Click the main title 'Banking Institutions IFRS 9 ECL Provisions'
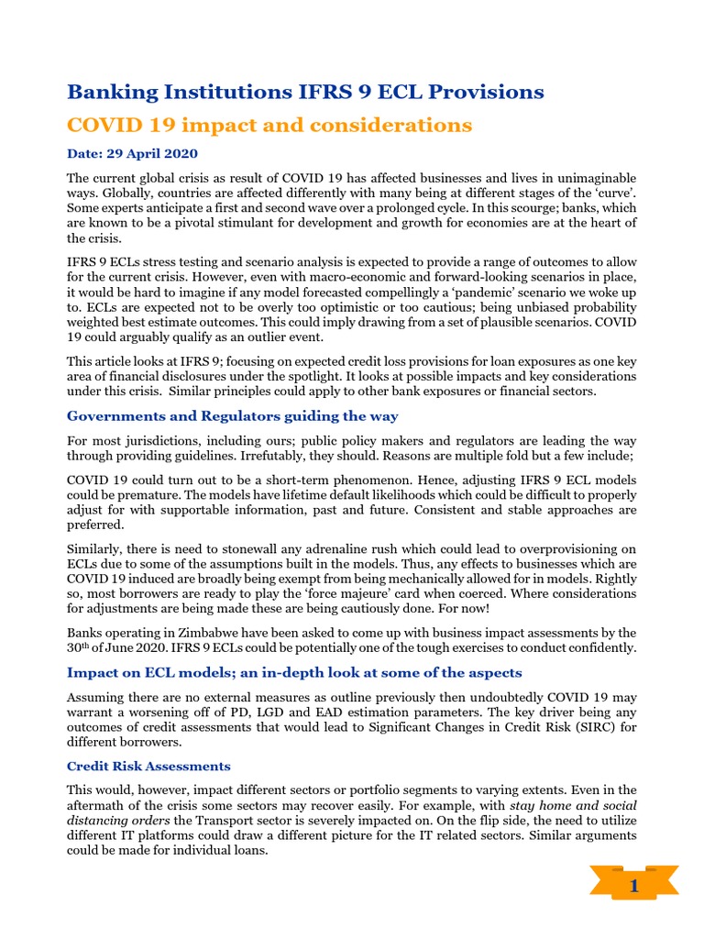[x=305, y=92]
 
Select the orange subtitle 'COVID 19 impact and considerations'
[x=270, y=124]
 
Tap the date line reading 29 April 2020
[x=132, y=153]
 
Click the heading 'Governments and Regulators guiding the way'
[x=233, y=416]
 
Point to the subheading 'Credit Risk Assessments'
[x=148, y=766]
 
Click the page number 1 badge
[x=632, y=888]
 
